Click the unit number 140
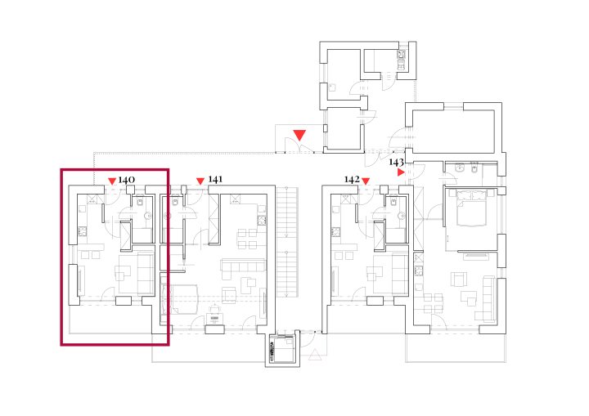pyautogui.click(x=127, y=180)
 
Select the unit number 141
pyautogui.click(x=215, y=180)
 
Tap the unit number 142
pyautogui.click(x=352, y=180)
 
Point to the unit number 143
pyautogui.click(x=396, y=162)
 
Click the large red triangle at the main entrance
pyautogui.click(x=299, y=135)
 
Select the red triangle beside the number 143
pyautogui.click(x=401, y=172)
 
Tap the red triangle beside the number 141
pyautogui.click(x=200, y=181)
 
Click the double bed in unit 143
pyautogui.click(x=471, y=208)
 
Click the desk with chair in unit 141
pyautogui.click(x=214, y=315)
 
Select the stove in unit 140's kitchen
pyautogui.click(x=83, y=232)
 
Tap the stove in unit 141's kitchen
pyautogui.click(x=262, y=221)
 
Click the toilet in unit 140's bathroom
pyautogui.click(x=140, y=202)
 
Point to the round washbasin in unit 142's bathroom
pyautogui.click(x=402, y=216)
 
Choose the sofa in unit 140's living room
pyautogui.click(x=146, y=274)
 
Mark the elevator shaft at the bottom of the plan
pyautogui.click(x=282, y=348)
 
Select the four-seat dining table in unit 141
pyautogui.click(x=247, y=239)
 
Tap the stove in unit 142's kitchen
pyautogui.click(x=335, y=232)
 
